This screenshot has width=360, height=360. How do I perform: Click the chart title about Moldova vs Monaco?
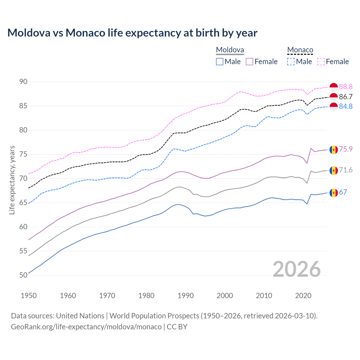tap(132, 33)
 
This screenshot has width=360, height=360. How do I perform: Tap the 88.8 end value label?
tap(346, 87)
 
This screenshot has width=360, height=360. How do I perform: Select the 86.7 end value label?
tap(346, 97)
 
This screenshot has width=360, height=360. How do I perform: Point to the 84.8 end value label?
tap(346, 106)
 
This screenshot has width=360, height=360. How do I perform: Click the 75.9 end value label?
tap(346, 149)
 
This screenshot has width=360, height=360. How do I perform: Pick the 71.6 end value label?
tap(346, 170)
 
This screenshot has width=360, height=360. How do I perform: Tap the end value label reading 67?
tap(343, 192)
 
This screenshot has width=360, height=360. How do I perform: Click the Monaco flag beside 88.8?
tap(334, 87)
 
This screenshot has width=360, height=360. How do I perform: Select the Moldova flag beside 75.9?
tap(334, 149)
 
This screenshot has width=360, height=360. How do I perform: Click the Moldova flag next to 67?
tap(334, 193)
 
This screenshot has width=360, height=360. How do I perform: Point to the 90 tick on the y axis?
tap(23, 82)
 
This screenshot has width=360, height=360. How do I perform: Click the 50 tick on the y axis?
tap(23, 275)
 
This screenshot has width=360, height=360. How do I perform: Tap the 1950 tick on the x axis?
tap(29, 296)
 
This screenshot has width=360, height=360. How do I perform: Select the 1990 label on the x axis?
tap(186, 296)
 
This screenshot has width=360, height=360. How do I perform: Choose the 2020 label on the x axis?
tap(303, 296)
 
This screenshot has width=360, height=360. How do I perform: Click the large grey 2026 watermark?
tap(296, 269)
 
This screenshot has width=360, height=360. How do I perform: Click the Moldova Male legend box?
tap(220, 62)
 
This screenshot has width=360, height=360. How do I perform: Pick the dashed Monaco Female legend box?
tap(321, 62)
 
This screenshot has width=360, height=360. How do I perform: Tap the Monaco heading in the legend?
tap(300, 50)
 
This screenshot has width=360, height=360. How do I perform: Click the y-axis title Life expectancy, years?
tap(12, 180)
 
